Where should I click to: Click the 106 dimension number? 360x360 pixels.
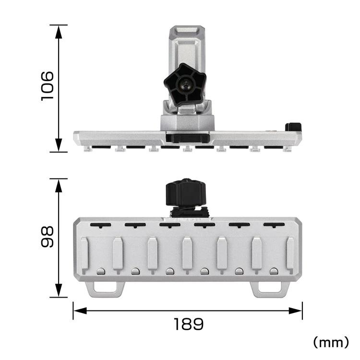coord(48,86)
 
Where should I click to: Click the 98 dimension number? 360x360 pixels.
coord(48,237)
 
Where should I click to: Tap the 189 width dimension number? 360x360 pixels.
coord(189,324)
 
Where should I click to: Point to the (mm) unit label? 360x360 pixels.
coord(331,342)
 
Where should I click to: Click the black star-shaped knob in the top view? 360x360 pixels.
coord(185,84)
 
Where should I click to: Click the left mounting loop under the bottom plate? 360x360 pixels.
coord(105,289)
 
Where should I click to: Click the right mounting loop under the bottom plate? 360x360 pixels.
coord(270,289)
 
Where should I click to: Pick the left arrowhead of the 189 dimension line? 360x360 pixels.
coord(80,311)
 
